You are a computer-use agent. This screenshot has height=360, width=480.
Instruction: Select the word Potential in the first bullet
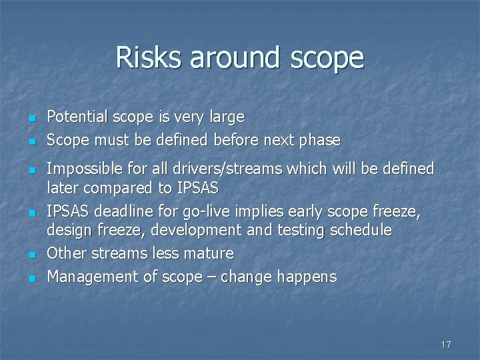click(x=77, y=117)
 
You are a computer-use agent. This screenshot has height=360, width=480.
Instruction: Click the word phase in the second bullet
click(x=319, y=140)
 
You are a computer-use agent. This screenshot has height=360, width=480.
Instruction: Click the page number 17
click(x=446, y=345)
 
